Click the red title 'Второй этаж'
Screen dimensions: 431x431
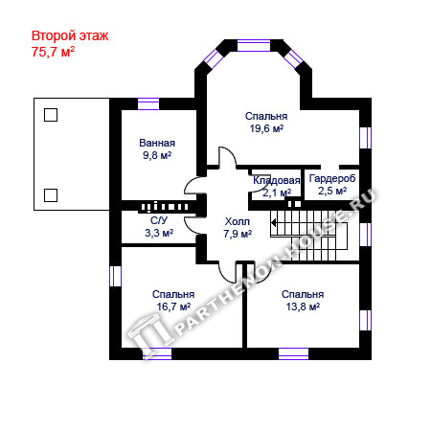point(70,36)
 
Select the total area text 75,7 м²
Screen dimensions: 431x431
point(53,52)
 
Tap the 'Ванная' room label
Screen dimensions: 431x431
point(157,143)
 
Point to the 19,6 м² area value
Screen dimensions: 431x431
point(266,128)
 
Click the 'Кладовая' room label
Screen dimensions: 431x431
point(277,180)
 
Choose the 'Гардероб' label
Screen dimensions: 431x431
point(332,178)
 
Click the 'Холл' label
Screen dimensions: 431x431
point(238,221)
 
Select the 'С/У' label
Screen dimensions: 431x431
point(159,220)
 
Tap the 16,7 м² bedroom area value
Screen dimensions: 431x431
point(173,306)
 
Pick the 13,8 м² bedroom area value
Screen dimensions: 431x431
point(303,306)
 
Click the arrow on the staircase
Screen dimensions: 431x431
point(274,222)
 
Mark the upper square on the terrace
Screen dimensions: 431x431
point(51,115)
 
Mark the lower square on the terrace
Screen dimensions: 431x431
point(51,195)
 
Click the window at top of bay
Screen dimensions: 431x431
point(254,45)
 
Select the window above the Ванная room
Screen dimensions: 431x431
point(148,104)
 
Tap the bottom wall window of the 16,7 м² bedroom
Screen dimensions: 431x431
point(157,354)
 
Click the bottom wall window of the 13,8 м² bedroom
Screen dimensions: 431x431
point(294,354)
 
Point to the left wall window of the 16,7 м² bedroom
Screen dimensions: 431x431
point(115,276)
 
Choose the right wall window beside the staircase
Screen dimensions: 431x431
point(366,235)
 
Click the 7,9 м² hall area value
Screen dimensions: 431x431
point(238,234)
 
